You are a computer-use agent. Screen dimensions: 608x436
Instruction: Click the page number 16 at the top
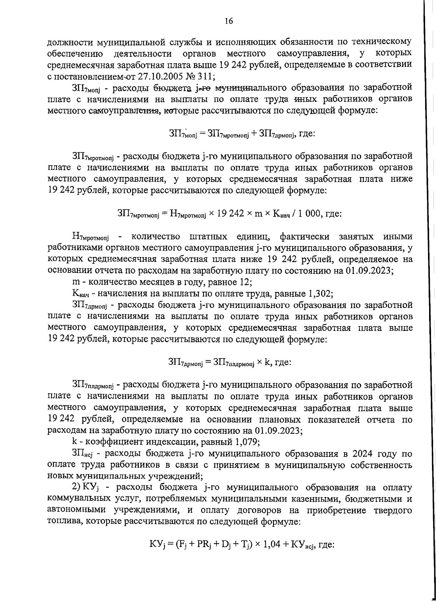point(229,21)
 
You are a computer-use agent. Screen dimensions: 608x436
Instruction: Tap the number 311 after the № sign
point(206,76)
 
